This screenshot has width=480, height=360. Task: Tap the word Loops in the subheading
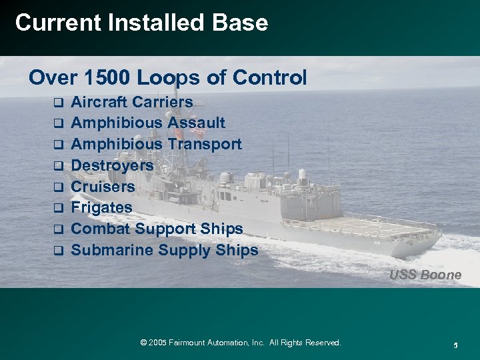point(166,78)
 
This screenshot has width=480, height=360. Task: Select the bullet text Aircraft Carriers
point(131,102)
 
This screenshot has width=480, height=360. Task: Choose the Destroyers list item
point(112,165)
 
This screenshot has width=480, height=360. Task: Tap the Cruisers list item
point(103,187)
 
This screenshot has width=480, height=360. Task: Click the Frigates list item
point(101,207)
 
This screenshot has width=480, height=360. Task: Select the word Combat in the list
point(101,229)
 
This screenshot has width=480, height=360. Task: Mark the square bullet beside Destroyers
point(58,166)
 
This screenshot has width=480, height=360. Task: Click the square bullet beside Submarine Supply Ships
point(58,251)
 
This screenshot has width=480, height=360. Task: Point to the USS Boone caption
point(425,275)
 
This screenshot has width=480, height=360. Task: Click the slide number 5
point(455,345)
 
